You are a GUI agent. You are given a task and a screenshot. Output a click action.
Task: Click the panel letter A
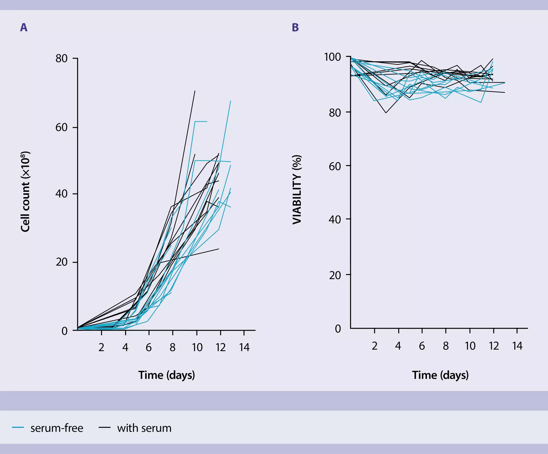(x=24, y=27)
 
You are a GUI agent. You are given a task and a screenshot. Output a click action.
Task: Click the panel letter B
(x=295, y=27)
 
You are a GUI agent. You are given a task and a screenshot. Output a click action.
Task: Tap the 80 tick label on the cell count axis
(x=61, y=58)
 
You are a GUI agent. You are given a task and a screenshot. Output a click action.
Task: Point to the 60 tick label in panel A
(x=61, y=127)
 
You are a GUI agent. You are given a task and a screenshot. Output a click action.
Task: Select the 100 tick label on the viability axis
(x=333, y=57)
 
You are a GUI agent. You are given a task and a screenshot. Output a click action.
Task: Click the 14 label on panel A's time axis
(x=244, y=347)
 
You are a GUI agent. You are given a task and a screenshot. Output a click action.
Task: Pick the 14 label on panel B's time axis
(x=517, y=346)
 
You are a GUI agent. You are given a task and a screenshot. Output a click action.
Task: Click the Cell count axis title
(x=26, y=192)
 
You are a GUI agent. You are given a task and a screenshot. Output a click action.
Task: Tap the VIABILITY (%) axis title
(x=297, y=189)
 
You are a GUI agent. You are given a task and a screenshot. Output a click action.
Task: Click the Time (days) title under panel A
(x=167, y=375)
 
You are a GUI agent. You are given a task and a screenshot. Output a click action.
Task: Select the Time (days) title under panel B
(x=440, y=375)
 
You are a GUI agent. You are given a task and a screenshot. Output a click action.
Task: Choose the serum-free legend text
(x=57, y=428)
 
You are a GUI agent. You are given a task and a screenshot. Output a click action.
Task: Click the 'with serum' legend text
(x=144, y=428)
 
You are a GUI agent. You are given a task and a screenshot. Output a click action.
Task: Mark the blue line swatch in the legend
(x=18, y=428)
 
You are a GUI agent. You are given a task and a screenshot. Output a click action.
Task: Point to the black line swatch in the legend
(x=105, y=428)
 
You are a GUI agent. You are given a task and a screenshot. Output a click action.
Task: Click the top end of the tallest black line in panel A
(x=195, y=91)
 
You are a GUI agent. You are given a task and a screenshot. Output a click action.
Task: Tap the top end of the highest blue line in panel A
(x=230, y=101)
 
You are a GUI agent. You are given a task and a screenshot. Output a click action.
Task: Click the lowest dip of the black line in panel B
(x=386, y=113)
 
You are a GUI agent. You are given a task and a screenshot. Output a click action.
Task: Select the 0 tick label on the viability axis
(x=338, y=328)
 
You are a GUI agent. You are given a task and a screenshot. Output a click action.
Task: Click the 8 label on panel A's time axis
(x=173, y=347)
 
